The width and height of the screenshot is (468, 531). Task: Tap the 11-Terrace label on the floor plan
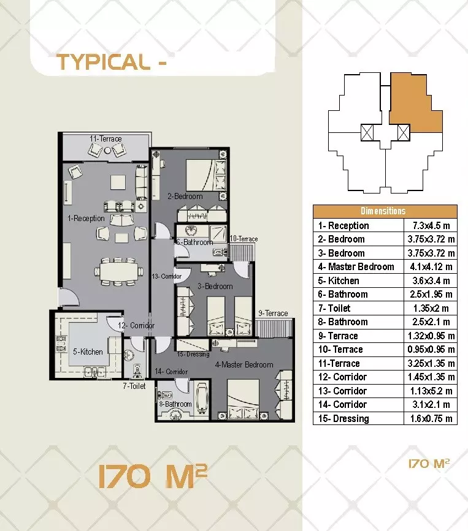tap(105, 139)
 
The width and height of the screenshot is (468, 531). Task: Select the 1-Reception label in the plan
tap(86, 218)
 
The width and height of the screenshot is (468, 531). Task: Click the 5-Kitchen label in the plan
tap(88, 352)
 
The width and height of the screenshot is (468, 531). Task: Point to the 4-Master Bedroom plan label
tap(244, 364)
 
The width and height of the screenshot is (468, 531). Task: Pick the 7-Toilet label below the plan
tap(134, 386)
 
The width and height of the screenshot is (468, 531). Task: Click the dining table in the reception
tap(117, 269)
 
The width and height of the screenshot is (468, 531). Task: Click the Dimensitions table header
tap(385, 211)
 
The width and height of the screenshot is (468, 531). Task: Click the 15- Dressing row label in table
tap(343, 418)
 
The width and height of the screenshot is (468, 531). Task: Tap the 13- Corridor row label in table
tap(342, 391)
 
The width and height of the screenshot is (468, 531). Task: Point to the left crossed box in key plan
tap(368, 132)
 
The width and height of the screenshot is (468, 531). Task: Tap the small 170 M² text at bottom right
tap(429, 464)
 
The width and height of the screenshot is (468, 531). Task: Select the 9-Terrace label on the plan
tap(273, 313)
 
